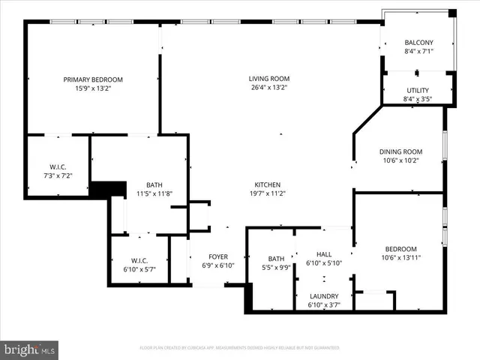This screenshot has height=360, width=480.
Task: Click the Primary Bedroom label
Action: point(92,79)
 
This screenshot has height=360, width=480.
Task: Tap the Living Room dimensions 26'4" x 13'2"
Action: point(269,88)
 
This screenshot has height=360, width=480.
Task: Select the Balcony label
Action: point(418,43)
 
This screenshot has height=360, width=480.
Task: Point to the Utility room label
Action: point(418,90)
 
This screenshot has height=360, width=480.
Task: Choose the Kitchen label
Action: point(268,184)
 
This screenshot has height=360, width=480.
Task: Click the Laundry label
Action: point(324,296)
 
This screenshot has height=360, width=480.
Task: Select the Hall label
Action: point(324,254)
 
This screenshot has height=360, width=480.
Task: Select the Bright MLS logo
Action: point(30,349)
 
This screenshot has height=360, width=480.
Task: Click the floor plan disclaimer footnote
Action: point(239,348)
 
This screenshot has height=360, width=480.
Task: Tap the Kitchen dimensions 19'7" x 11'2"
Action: point(268,193)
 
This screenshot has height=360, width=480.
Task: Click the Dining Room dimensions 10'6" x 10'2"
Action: point(400,159)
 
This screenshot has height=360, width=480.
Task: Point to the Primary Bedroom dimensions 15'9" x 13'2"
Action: point(92,88)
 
